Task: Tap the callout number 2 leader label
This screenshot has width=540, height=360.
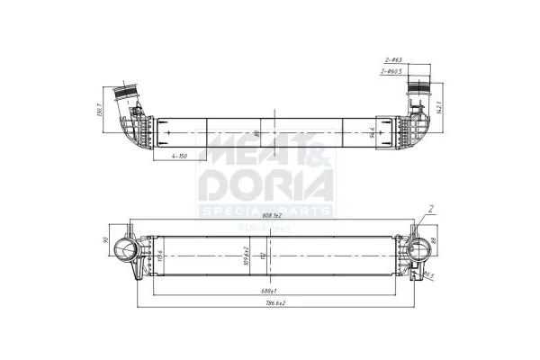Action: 431,210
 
